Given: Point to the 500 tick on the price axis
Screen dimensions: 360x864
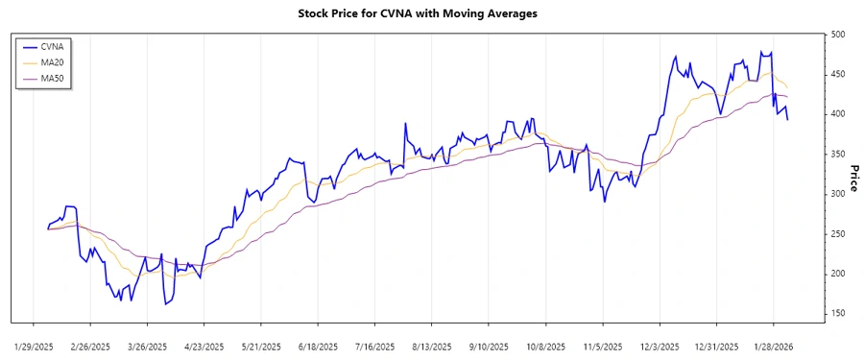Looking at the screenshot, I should point(839,35).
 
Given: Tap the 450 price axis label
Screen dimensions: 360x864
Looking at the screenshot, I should point(839,75).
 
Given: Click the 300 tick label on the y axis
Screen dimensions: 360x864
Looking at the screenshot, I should point(839,194).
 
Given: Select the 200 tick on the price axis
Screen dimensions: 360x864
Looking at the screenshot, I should point(839,274).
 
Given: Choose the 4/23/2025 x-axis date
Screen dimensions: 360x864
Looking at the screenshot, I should point(204,346).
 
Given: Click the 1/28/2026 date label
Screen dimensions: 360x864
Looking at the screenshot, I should point(773,346).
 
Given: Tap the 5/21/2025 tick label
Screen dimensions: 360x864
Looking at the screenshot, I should point(260,346).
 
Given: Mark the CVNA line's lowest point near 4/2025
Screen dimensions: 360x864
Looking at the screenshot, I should point(165,304).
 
